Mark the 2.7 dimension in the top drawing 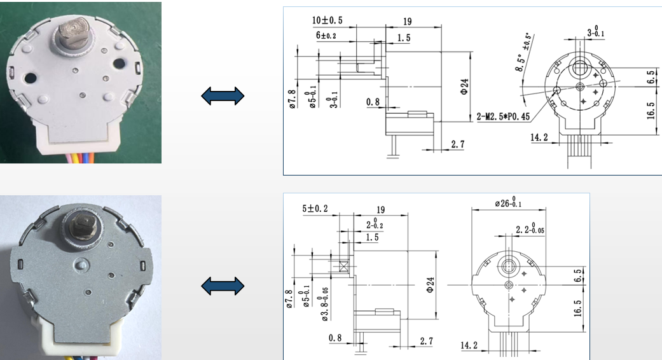[x=457, y=144]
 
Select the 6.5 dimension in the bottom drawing [x=577, y=275]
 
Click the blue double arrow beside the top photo [x=223, y=96]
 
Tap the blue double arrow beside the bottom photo [x=223, y=286]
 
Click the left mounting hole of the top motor [x=29, y=78]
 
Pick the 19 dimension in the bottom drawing [x=380, y=209]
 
